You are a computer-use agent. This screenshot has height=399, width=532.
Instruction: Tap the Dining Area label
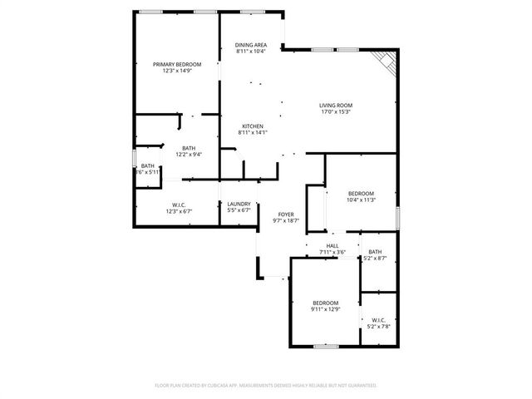250,45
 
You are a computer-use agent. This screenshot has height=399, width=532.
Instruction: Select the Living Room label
336,106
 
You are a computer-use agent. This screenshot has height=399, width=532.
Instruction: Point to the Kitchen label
253,126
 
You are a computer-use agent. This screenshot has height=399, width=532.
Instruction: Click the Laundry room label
239,204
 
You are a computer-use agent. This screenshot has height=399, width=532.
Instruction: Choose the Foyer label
286,214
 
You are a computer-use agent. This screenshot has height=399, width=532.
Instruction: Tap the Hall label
332,246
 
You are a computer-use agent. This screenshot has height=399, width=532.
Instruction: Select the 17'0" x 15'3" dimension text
336,112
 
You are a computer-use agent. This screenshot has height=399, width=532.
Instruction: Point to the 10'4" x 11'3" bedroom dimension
362,199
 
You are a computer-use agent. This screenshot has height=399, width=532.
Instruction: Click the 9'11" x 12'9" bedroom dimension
325,309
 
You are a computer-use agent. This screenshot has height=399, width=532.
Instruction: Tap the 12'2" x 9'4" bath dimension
190,155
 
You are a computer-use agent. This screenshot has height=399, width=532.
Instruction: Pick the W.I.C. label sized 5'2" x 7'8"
378,327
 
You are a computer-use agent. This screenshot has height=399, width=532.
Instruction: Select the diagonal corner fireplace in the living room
386,60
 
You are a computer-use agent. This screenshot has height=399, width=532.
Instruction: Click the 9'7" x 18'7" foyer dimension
286,221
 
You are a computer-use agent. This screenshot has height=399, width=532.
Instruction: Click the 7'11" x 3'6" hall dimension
332,253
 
